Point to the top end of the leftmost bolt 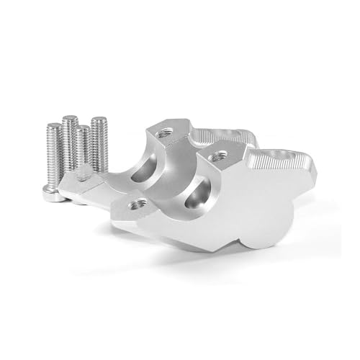[x=53, y=127]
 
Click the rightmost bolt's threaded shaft [x=99, y=144]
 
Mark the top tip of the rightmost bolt [x=99, y=120]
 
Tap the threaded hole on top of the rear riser [x=163, y=132]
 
